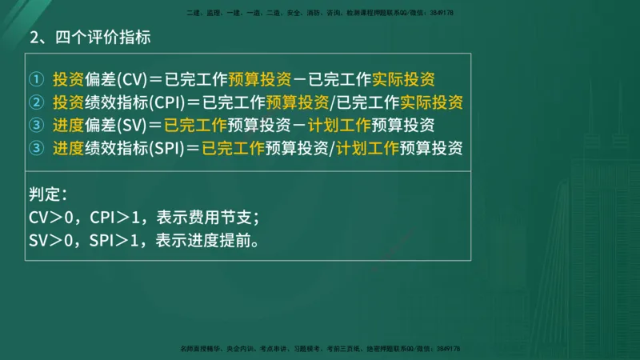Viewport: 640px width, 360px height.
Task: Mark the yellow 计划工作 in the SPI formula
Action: coord(366,149)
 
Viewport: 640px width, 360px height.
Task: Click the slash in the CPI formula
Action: coord(332,103)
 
